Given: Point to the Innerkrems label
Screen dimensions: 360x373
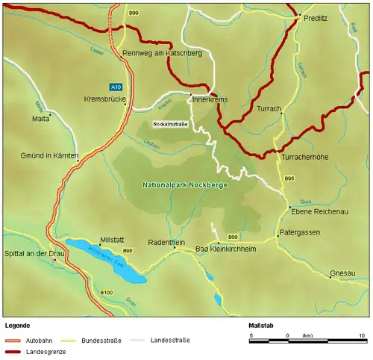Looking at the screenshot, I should [x=210, y=99].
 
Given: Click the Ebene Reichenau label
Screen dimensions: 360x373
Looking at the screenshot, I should [x=313, y=211].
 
